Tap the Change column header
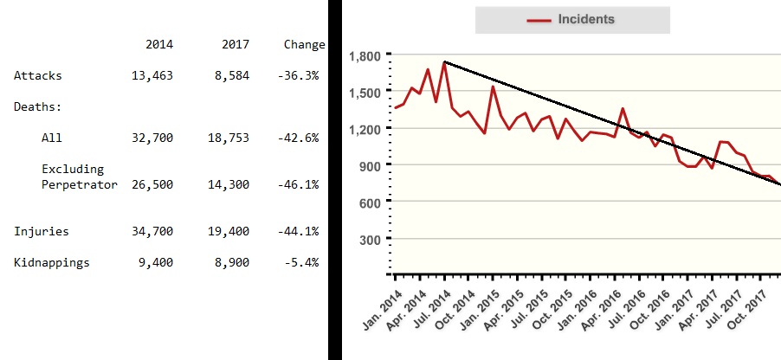pyautogui.click(x=304, y=44)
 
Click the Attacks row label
pyautogui.click(x=37, y=76)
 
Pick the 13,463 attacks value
pyautogui.click(x=152, y=76)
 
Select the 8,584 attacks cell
pyautogui.click(x=231, y=76)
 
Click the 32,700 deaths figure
pyautogui.click(x=152, y=138)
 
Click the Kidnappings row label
pyautogui.click(x=51, y=262)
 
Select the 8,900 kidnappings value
pyautogui.click(x=231, y=262)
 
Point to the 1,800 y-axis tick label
pyautogui.click(x=364, y=56)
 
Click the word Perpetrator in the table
pyautogui.click(x=79, y=184)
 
